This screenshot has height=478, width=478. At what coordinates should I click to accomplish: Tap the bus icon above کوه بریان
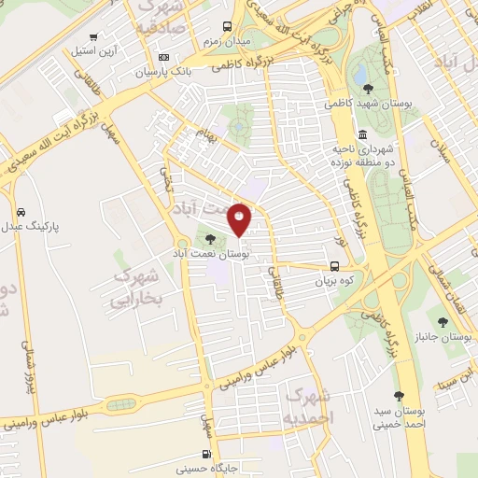[x=335, y=264]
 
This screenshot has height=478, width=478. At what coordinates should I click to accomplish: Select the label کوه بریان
[x=335, y=278]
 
